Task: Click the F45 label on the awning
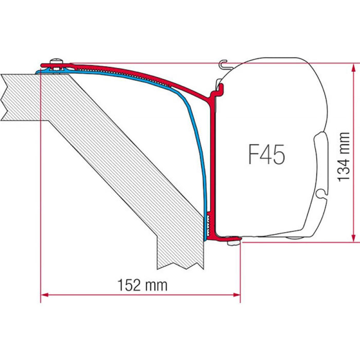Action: (266, 154)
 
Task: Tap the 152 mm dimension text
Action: (142, 285)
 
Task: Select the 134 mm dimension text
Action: (344, 157)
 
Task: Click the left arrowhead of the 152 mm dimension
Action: (44, 295)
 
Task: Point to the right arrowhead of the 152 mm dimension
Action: (237, 295)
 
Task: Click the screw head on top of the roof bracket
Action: (57, 62)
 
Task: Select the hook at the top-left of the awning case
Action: (223, 64)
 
